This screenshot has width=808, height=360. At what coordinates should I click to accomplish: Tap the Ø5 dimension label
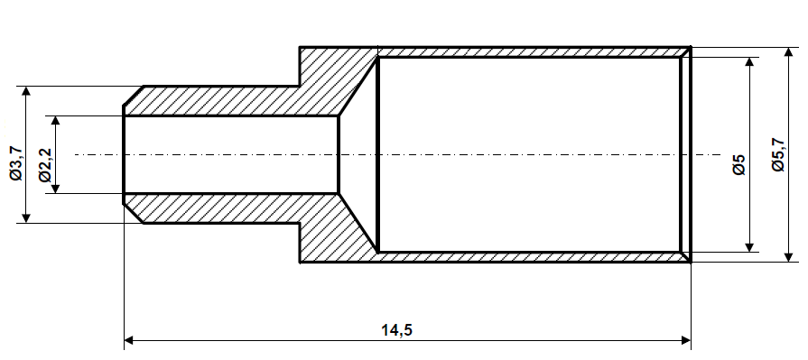738,164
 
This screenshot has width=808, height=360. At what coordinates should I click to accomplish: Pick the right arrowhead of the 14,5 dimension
685,341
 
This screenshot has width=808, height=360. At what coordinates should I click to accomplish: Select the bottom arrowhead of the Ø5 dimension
749,246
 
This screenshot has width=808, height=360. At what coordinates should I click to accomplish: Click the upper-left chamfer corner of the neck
134,96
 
